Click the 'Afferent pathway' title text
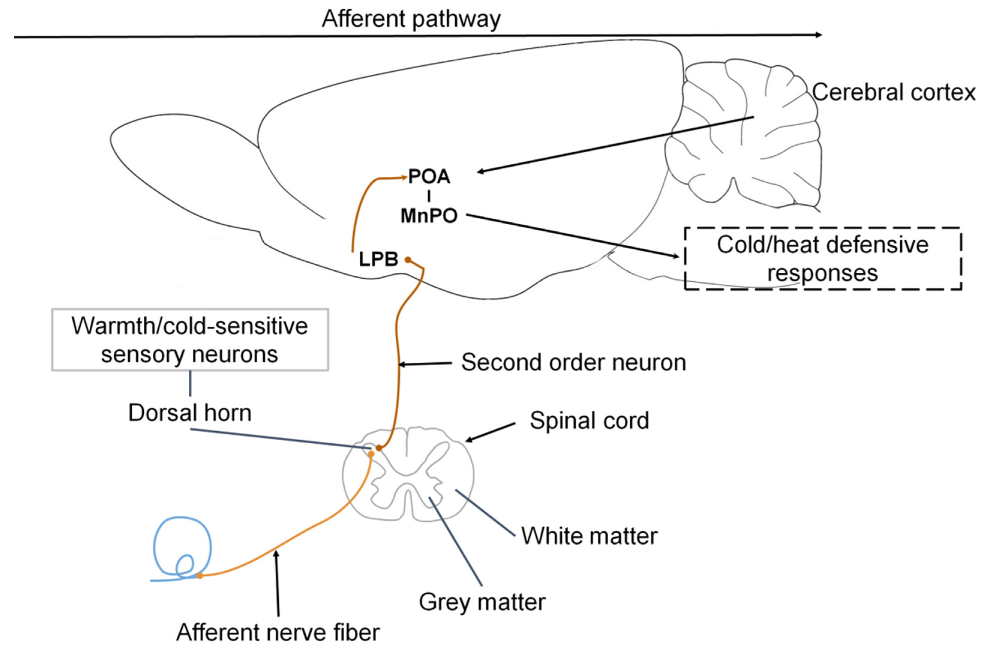pyautogui.click(x=411, y=19)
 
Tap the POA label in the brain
pyautogui.click(x=429, y=177)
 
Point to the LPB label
pyautogui.click(x=379, y=260)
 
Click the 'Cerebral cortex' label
pyautogui.click(x=894, y=92)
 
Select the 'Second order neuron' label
pyautogui.click(x=573, y=362)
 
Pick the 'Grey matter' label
pyautogui.click(x=482, y=602)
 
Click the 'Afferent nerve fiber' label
pyautogui.click(x=278, y=632)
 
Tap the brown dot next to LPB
pyautogui.click(x=408, y=260)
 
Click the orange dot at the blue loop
pyautogui.click(x=200, y=575)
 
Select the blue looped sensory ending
pyautogui.click(x=211, y=542)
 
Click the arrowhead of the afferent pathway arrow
pyautogui.click(x=819, y=35)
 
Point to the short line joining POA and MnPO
pyautogui.click(x=429, y=196)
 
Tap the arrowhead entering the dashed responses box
pyautogui.click(x=675, y=256)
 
